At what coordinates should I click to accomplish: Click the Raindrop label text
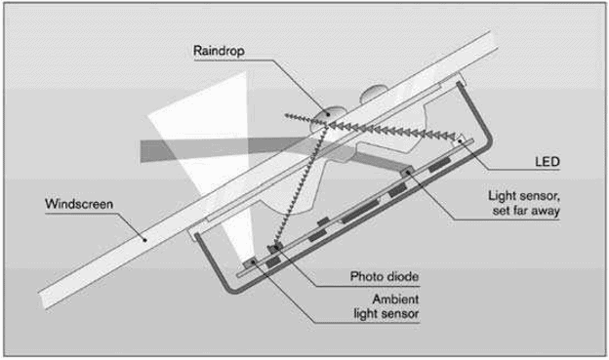tap(219, 51)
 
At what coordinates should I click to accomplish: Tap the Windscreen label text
tap(79, 204)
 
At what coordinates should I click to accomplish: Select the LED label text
tap(547, 161)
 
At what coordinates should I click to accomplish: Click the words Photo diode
tap(385, 276)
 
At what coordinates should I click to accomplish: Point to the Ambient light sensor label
tap(386, 306)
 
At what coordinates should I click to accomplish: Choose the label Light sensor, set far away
tap(524, 203)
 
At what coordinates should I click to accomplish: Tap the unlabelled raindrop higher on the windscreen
tap(374, 94)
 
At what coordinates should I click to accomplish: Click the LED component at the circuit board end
tap(459, 140)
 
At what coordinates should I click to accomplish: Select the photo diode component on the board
tap(275, 248)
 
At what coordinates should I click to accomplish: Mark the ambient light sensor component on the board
tap(250, 262)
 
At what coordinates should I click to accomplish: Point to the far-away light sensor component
tap(406, 172)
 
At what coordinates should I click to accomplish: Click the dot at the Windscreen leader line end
tap(144, 240)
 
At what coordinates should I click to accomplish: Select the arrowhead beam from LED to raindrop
tap(390, 131)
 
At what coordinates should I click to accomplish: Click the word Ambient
tap(395, 300)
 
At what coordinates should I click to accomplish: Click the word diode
tap(402, 276)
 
